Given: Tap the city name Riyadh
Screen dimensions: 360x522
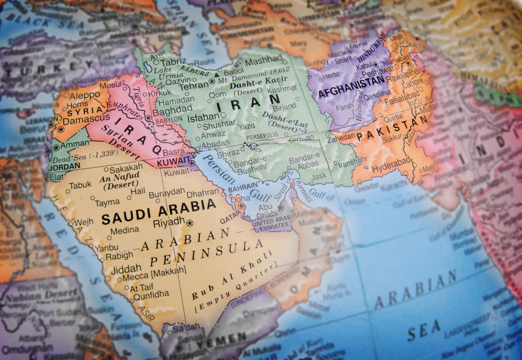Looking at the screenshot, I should [169, 223].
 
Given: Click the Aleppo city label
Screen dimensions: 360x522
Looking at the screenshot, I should [84, 96].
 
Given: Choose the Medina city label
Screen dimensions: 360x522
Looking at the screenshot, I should [124, 230].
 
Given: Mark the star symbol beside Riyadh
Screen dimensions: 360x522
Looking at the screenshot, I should [189, 223].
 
